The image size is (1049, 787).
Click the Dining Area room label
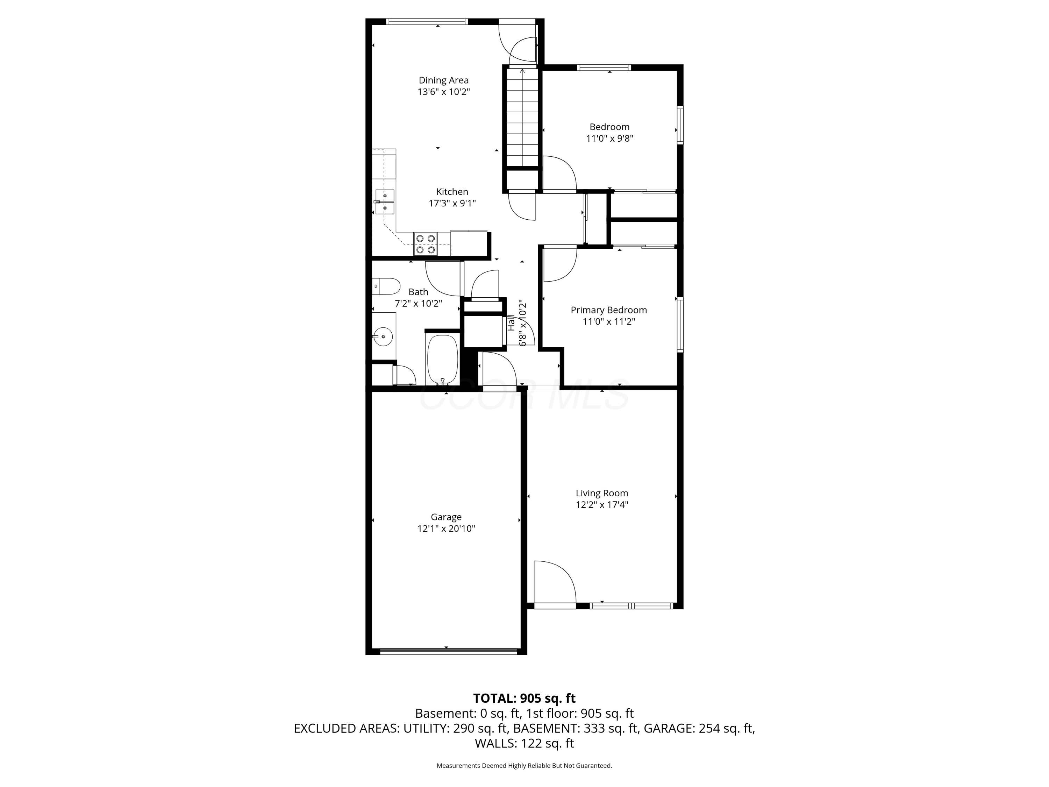[443, 80]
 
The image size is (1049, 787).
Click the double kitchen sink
[385, 201]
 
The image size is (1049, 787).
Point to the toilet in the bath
[386, 286]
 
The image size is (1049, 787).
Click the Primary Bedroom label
[608, 310]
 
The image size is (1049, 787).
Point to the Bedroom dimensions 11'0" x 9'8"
[609, 139]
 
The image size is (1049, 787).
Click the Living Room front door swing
[554, 582]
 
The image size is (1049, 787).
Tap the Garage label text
[446, 517]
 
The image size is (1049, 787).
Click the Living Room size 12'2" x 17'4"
[602, 505]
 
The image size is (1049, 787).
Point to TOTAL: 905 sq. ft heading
[524, 698]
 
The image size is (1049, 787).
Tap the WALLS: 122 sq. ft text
[524, 743]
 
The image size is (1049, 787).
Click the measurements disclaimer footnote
[524, 766]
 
